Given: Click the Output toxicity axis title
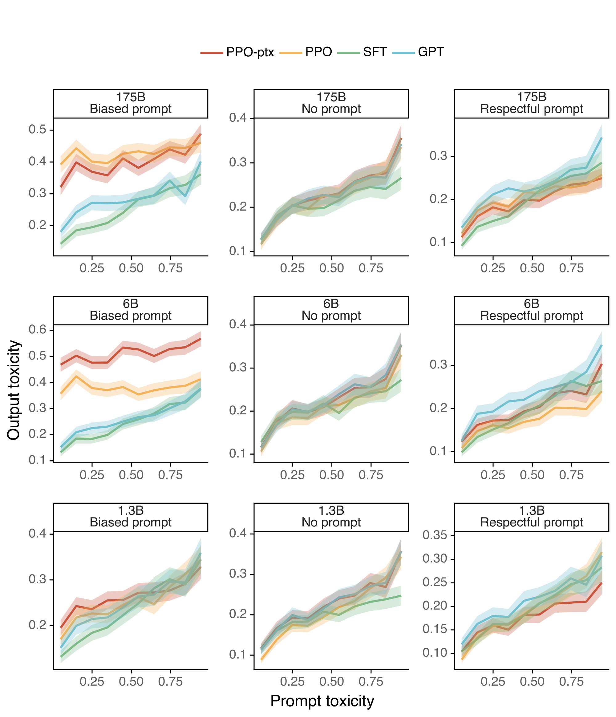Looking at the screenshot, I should [x=14, y=390].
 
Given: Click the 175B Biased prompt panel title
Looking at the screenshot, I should [x=131, y=103].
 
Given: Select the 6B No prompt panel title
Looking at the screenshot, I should [x=331, y=310].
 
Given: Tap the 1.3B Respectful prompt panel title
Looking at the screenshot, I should [x=531, y=516].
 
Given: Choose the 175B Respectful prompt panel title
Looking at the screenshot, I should [x=531, y=103].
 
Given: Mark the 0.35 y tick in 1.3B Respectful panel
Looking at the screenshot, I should [x=435, y=535].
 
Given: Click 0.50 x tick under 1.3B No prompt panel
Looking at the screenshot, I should [x=331, y=682].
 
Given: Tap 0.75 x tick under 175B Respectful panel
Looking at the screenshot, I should [x=571, y=268].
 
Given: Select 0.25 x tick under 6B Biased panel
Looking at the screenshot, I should [x=92, y=475].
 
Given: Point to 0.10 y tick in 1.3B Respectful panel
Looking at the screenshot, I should [x=435, y=653].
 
